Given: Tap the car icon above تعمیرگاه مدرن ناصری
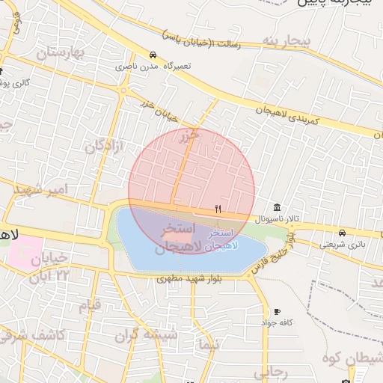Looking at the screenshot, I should pyautogui.click(x=153, y=55).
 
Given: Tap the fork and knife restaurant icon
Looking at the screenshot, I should pyautogui.click(x=218, y=209).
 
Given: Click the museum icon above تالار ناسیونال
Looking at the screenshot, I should pyautogui.click(x=278, y=207).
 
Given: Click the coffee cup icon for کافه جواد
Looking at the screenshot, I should pyautogui.click(x=278, y=311).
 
